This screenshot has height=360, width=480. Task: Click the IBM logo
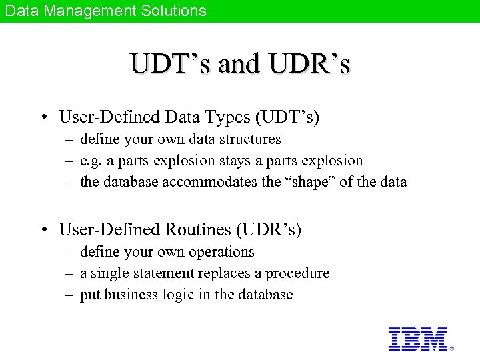click(x=417, y=339)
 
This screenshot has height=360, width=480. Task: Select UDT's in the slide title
click(x=171, y=64)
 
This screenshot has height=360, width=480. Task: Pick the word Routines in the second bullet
click(x=199, y=230)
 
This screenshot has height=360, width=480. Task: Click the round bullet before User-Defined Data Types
click(x=43, y=118)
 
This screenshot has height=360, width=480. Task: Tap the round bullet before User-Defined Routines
click(x=43, y=231)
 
